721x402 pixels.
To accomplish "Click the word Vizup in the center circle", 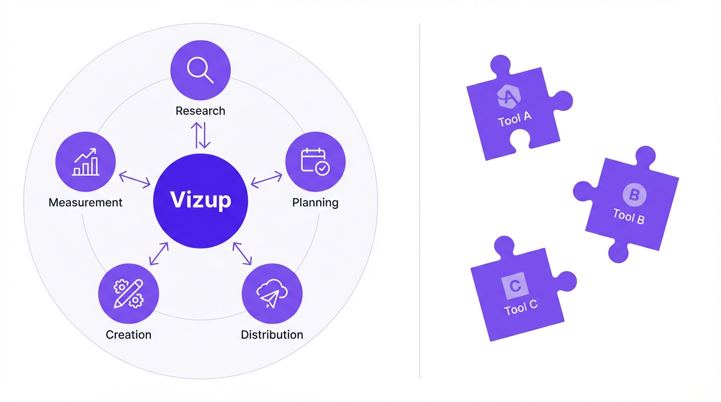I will pos(201,200).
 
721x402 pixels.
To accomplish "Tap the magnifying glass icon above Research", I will pos(200,70).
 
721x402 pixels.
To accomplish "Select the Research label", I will pos(200,111).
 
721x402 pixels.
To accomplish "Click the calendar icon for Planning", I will pos(315,161).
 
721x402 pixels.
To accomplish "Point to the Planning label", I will pos(315,203).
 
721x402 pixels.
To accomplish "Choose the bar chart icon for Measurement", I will pos(86,161).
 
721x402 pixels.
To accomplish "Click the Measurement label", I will pos(85,203).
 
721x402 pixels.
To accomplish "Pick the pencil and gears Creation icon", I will pos(128,294).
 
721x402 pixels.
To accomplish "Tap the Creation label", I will pos(128,335).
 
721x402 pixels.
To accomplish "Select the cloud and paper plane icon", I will pos(272,294).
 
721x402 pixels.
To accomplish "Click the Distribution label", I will pos(272,335).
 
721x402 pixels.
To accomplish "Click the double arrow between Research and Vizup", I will pos(201,135).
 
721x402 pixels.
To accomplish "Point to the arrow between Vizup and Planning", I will pos(266,180).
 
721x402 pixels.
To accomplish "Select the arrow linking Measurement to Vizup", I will pos(135,180).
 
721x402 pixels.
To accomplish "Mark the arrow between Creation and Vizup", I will pos(159,253).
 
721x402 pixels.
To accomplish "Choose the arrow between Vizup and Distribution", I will pos(242,253).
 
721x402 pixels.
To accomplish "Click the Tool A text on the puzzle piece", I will pos(515,119).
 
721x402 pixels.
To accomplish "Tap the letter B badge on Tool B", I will pos(634,195).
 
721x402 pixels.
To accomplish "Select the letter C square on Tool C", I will pos(515,286).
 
